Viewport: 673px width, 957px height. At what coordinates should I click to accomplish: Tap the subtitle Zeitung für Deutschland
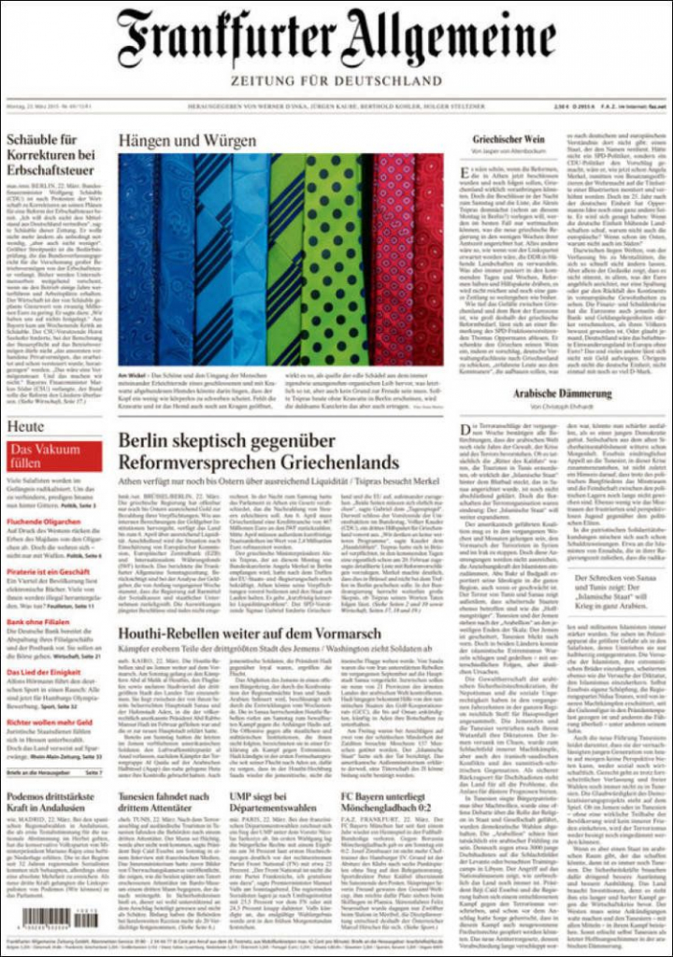(x=336, y=81)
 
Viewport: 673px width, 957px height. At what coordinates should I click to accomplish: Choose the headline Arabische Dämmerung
(x=562, y=393)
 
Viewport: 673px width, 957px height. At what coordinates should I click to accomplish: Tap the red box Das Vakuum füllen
(x=52, y=456)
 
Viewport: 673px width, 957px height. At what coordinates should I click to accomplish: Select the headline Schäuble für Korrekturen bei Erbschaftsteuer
(x=52, y=155)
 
